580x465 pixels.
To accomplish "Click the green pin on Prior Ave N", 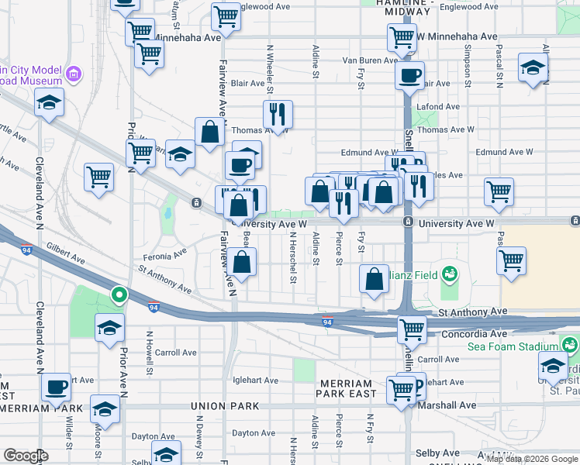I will (118, 294).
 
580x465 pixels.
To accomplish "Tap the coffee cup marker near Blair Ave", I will (409, 75).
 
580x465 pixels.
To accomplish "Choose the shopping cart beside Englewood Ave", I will (226, 15).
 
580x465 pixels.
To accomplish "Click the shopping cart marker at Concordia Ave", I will (412, 329).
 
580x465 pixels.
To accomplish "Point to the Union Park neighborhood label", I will (224, 405).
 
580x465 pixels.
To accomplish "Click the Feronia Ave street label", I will (164, 254).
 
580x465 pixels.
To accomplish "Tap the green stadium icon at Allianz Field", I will (448, 274).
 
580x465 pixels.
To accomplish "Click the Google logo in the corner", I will (26, 456).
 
